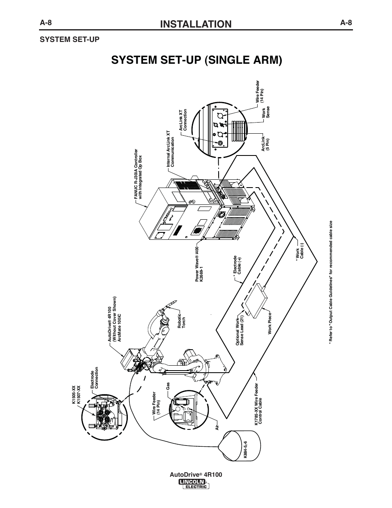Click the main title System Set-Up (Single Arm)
click(x=196, y=60)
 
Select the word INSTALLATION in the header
click(x=196, y=24)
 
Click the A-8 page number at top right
click(x=346, y=23)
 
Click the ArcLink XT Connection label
click(x=182, y=121)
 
